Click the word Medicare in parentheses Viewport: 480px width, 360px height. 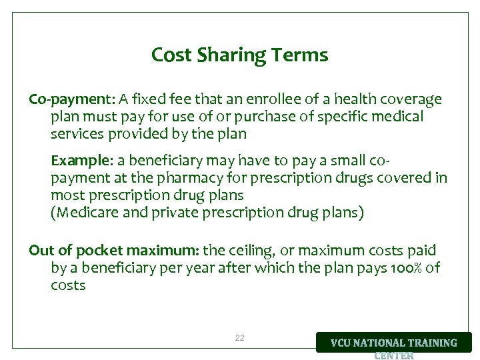(85, 213)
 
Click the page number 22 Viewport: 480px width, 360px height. (240, 338)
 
